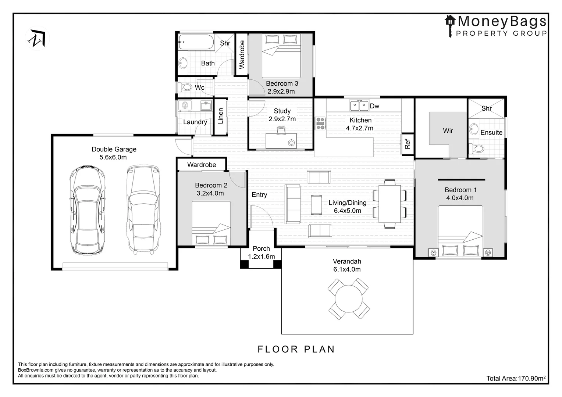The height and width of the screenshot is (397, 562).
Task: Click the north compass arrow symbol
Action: pyautogui.click(x=38, y=38)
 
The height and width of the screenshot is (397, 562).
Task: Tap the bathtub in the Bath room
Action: pyautogui.click(x=196, y=42)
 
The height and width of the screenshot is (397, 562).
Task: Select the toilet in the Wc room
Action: pyautogui.click(x=185, y=87)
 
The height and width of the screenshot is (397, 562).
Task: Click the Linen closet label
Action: pyautogui.click(x=221, y=116)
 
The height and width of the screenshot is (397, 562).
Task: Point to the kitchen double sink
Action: pyautogui.click(x=359, y=105)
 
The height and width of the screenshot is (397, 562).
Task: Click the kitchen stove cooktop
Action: pyautogui.click(x=320, y=124)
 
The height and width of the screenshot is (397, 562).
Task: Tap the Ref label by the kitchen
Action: pyautogui.click(x=408, y=144)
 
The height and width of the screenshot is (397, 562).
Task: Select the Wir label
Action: pyautogui.click(x=448, y=130)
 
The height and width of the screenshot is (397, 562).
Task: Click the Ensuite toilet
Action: pyautogui.click(x=476, y=149)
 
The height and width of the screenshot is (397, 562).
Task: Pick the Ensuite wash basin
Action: pyautogui.click(x=474, y=130)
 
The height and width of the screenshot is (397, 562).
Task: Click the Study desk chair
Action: pyautogui.click(x=281, y=130)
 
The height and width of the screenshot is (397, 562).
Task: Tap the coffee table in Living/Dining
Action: pyautogui.click(x=316, y=205)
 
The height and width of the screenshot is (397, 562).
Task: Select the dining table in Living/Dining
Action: pyautogui.click(x=390, y=204)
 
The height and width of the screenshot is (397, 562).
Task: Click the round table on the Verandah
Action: pyautogui.click(x=348, y=299)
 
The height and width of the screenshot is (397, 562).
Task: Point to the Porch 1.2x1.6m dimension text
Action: pyautogui.click(x=262, y=257)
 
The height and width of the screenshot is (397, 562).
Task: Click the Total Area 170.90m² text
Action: pyautogui.click(x=516, y=378)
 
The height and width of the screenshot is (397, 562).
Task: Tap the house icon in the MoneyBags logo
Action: pyautogui.click(x=450, y=21)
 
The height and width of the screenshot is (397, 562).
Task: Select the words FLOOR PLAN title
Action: pyautogui.click(x=296, y=349)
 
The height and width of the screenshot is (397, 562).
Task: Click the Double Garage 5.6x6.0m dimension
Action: pyautogui.click(x=113, y=157)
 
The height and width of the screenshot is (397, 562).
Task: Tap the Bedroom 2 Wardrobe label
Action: pyautogui.click(x=202, y=165)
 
